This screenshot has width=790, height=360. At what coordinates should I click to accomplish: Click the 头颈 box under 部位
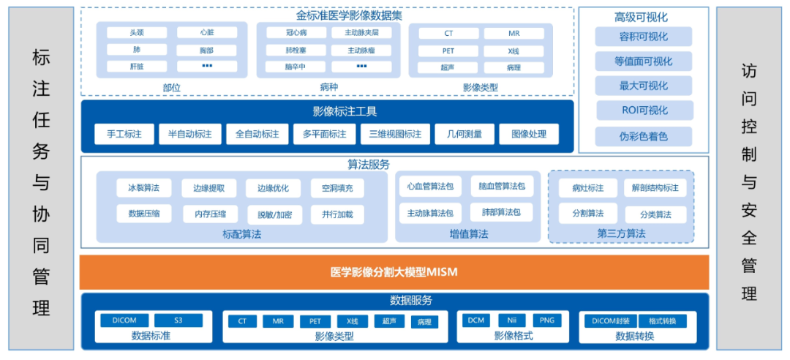point(137,33)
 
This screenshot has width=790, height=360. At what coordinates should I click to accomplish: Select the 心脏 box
point(206,33)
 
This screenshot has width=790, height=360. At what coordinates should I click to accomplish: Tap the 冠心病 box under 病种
point(285,33)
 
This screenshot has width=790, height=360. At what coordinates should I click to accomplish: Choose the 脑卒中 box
point(285,67)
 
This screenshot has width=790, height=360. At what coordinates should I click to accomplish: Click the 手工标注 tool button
point(124,135)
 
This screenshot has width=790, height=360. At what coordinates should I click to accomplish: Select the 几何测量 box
point(459,135)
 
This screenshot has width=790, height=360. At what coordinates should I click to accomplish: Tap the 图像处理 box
point(528,135)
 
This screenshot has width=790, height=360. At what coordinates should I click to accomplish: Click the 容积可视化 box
point(643,37)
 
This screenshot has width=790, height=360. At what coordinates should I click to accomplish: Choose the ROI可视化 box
point(643,110)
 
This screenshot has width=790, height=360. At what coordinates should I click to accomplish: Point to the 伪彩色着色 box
point(643,135)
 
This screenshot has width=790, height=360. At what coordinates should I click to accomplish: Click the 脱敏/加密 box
point(274,214)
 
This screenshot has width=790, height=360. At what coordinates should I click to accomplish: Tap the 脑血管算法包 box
point(501,187)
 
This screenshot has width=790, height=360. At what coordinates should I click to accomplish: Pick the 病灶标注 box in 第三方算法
point(587,188)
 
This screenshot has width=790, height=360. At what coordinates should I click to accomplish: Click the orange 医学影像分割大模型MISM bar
point(394,273)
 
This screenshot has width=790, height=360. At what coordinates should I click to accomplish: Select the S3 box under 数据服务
point(178,320)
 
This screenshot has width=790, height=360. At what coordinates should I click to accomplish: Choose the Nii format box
point(511,320)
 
